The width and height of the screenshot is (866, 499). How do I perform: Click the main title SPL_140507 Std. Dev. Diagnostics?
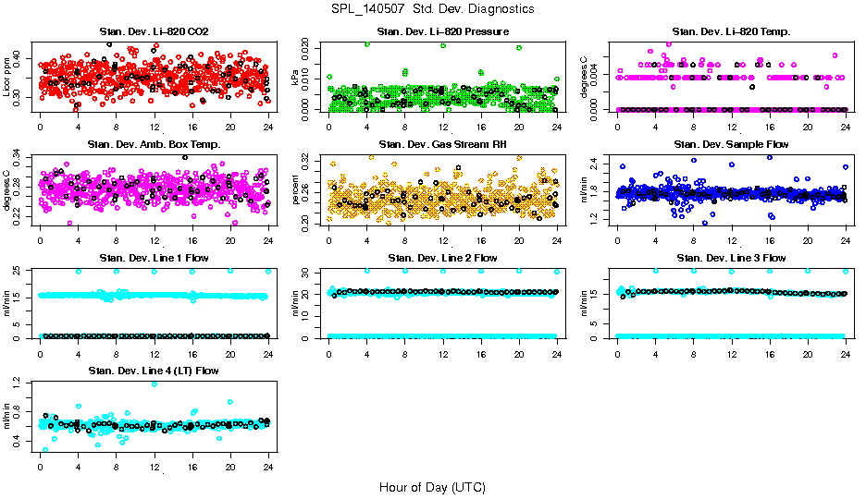pos(432,8)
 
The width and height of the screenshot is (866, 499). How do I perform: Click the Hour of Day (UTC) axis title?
pos(432,486)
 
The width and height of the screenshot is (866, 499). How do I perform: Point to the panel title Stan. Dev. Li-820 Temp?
pos(731,32)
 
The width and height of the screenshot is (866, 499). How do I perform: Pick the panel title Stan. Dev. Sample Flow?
pos(731,144)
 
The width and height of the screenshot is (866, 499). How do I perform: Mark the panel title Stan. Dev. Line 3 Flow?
pos(731,257)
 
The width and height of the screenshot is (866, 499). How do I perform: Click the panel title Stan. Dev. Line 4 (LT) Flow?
pos(154,370)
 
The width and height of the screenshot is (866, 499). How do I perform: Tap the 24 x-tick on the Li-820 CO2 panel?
pos(268,127)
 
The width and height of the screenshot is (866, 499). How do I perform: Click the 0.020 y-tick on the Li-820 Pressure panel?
pos(307,44)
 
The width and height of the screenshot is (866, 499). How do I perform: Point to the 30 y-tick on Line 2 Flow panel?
pos(307,272)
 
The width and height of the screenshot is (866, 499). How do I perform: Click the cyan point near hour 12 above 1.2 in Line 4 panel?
pos(154,383)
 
